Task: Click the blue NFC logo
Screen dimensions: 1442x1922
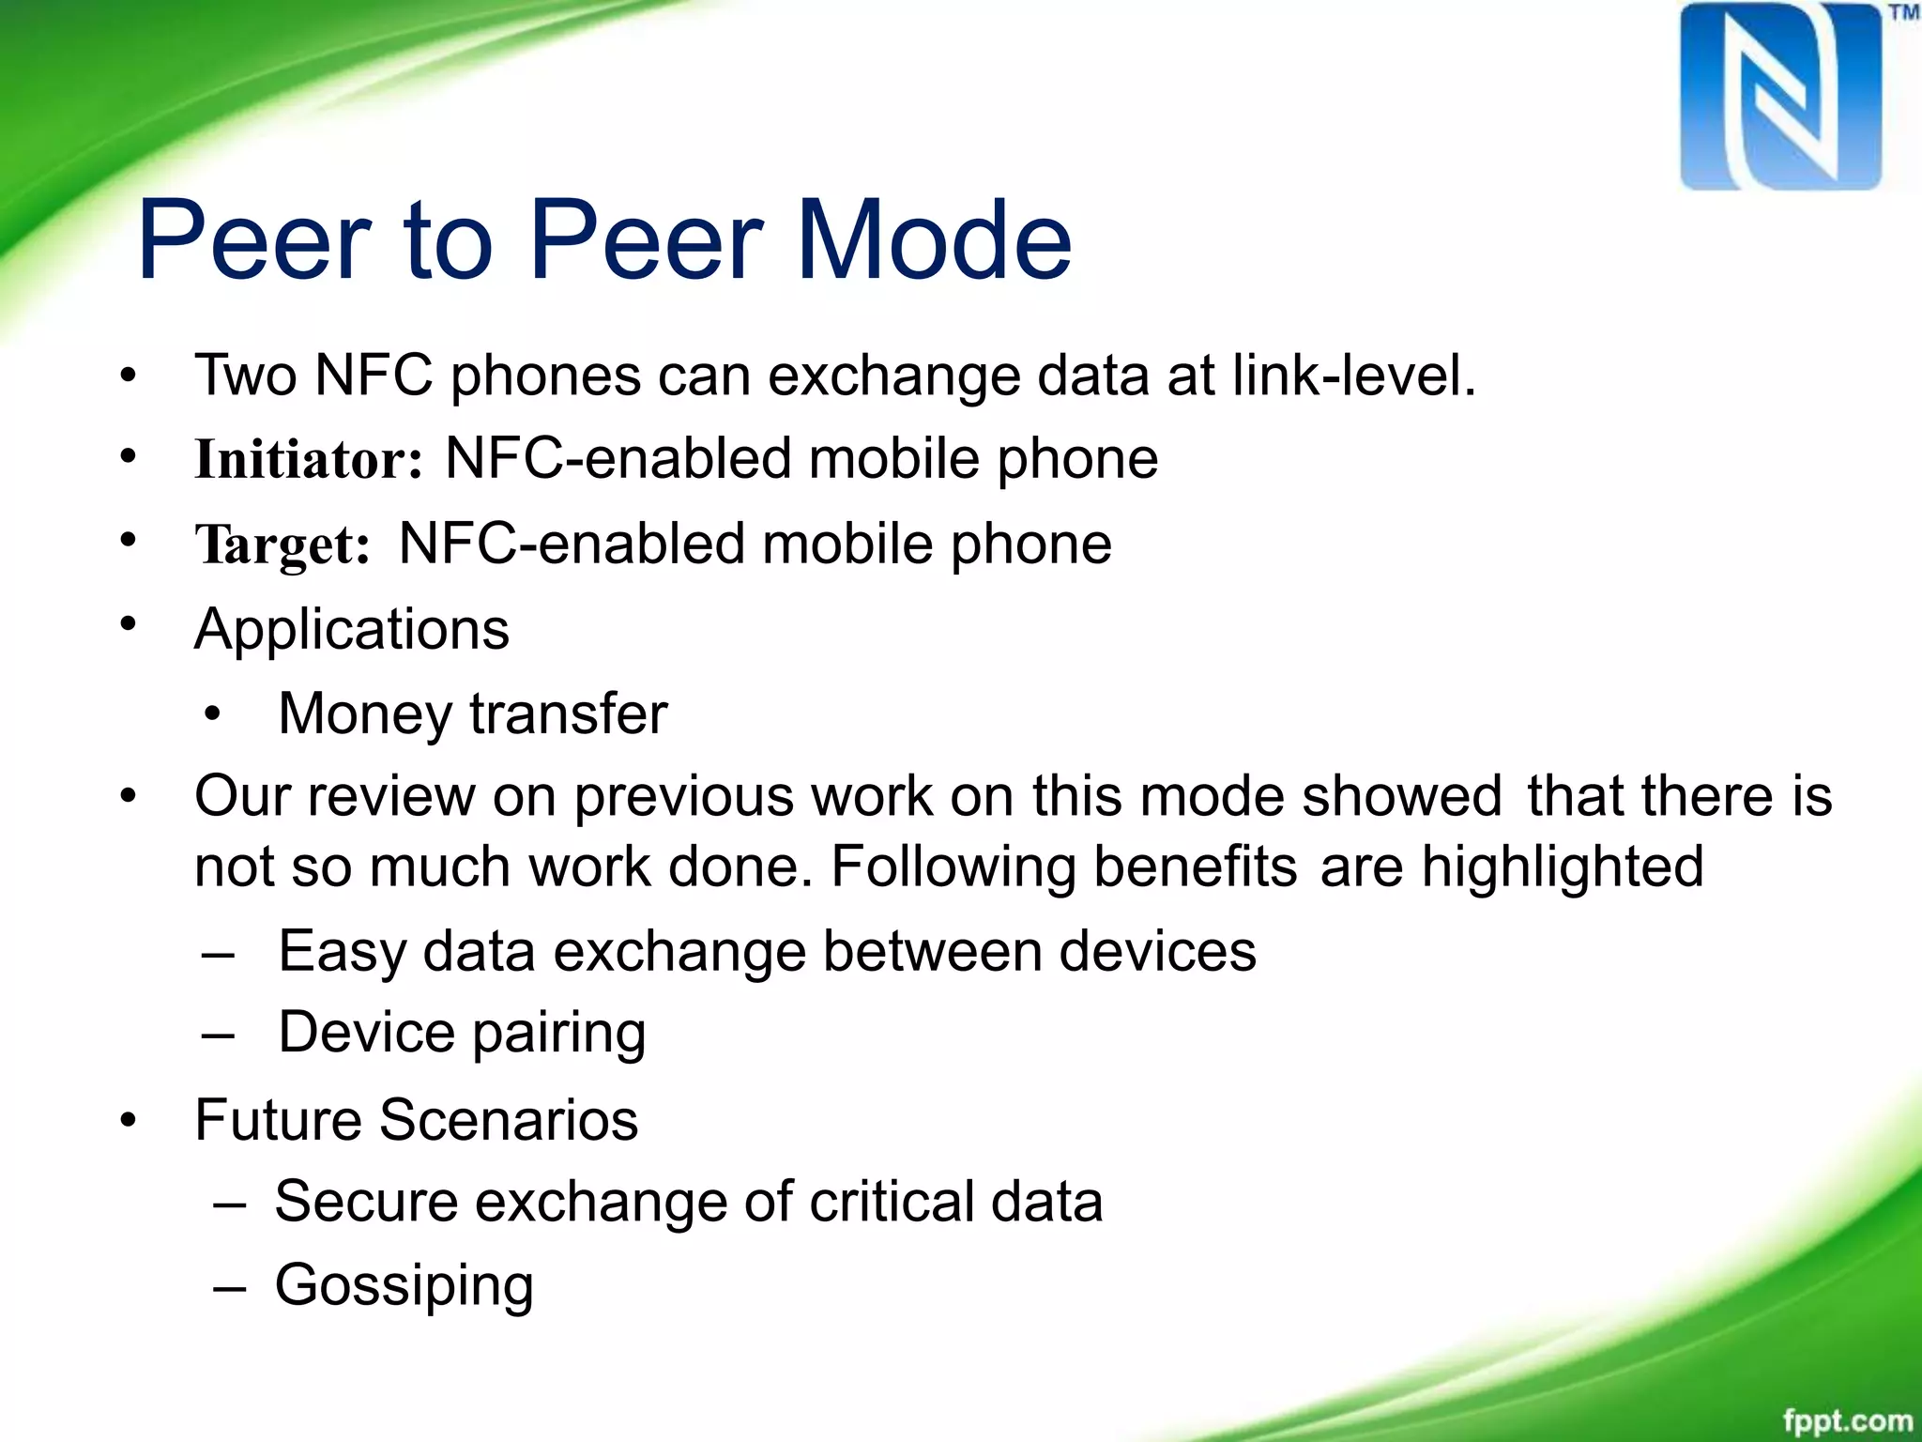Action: [x=1780, y=97]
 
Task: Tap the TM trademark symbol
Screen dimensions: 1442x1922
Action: [x=1903, y=13]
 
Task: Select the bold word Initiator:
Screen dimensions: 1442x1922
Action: [x=309, y=459]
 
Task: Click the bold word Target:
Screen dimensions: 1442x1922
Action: [x=282, y=545]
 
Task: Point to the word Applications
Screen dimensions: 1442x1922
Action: [x=352, y=628]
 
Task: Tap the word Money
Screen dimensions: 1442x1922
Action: [x=366, y=713]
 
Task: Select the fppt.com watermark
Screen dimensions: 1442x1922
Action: [x=1847, y=1420]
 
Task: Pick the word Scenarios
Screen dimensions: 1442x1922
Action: [x=509, y=1119]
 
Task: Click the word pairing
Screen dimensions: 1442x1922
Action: [x=558, y=1033]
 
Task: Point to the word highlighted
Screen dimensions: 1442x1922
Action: [x=1562, y=866]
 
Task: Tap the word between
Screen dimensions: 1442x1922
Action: [x=931, y=951]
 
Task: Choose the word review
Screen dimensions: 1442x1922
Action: [x=391, y=796]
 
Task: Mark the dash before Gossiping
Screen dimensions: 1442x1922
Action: [x=230, y=1287]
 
